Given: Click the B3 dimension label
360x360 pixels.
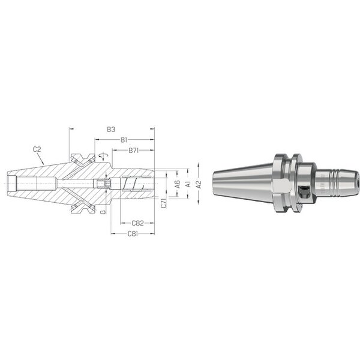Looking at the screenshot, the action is pos(111,130).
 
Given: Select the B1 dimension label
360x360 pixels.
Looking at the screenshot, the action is pos(124,140).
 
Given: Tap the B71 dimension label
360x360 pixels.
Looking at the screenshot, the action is pos(134,151).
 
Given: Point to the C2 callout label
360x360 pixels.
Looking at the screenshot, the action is pos(37,149).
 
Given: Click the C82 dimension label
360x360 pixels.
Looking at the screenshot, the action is pos(137,223).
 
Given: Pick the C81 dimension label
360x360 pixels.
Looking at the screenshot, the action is pos(133,234).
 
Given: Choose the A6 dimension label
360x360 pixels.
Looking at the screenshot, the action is pos(178,184).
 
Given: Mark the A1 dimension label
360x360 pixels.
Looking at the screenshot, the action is pos(188,184).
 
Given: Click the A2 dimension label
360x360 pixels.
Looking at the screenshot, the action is pos(199,184).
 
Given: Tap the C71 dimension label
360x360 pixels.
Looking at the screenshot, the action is pos(164,203).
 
